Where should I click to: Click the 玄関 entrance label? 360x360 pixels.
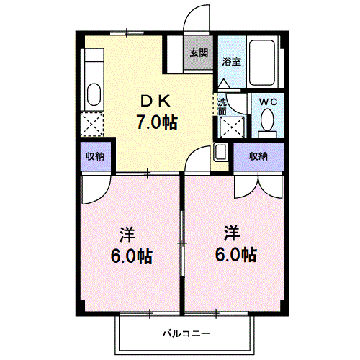click(x=199, y=53)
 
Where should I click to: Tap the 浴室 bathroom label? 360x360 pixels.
click(x=231, y=61)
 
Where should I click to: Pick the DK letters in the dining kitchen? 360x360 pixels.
click(x=156, y=102)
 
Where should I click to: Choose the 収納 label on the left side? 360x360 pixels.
click(x=95, y=156)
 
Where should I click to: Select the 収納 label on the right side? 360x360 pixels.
click(x=259, y=156)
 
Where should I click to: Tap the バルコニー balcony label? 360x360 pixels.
click(x=185, y=334)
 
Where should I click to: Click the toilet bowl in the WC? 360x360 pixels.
click(x=268, y=119)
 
